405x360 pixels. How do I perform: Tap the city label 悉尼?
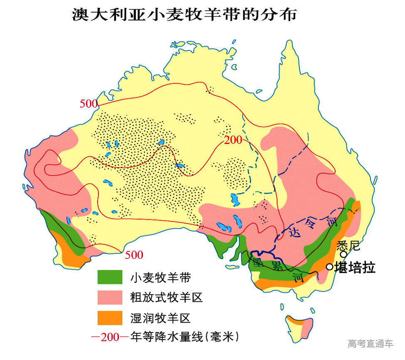pyautogui.click(x=347, y=245)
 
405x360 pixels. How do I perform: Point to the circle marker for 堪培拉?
pyautogui.click(x=329, y=267)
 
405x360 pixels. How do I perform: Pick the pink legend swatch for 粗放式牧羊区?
pyautogui.click(x=110, y=297)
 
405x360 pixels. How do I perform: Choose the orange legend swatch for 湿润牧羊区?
pyautogui.click(x=110, y=318)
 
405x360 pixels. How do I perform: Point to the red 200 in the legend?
pyautogui.click(x=110, y=337)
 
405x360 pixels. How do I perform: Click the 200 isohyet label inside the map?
pyautogui.click(x=233, y=140)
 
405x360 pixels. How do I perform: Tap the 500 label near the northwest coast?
pyautogui.click(x=89, y=104)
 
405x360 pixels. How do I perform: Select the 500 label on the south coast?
pyautogui.click(x=134, y=255)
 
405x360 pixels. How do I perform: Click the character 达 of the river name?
pyautogui.click(x=294, y=233)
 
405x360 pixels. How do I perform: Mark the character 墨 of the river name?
pyautogui.click(x=257, y=262)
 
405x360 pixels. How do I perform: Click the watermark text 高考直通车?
pyautogui.click(x=370, y=343)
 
